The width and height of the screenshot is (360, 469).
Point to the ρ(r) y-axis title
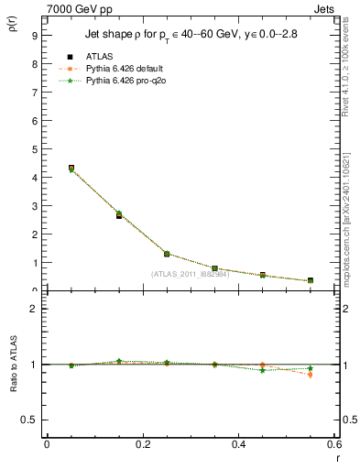coord(15,26)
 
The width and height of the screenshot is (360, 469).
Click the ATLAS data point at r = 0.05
coord(71,169)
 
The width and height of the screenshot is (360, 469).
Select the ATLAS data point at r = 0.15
coord(119,216)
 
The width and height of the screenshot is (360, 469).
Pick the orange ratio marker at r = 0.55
coord(311,375)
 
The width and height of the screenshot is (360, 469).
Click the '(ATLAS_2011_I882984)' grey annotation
coord(191,274)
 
